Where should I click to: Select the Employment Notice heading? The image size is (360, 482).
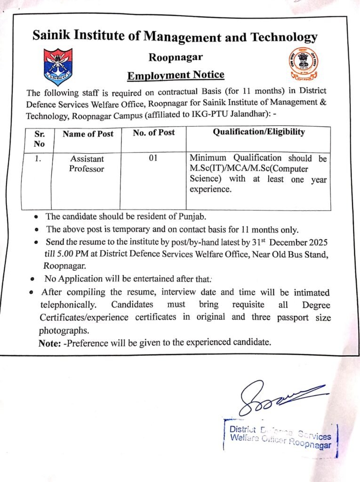click(176, 75)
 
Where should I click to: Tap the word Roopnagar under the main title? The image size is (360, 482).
click(176, 57)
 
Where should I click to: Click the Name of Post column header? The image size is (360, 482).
click(88, 134)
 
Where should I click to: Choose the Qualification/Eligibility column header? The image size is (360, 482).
click(258, 132)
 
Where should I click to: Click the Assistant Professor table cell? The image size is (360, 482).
click(87, 164)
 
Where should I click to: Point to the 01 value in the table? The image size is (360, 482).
click(153, 159)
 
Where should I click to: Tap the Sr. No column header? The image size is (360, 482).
click(40, 138)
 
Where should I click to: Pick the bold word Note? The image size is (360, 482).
click(49, 343)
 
